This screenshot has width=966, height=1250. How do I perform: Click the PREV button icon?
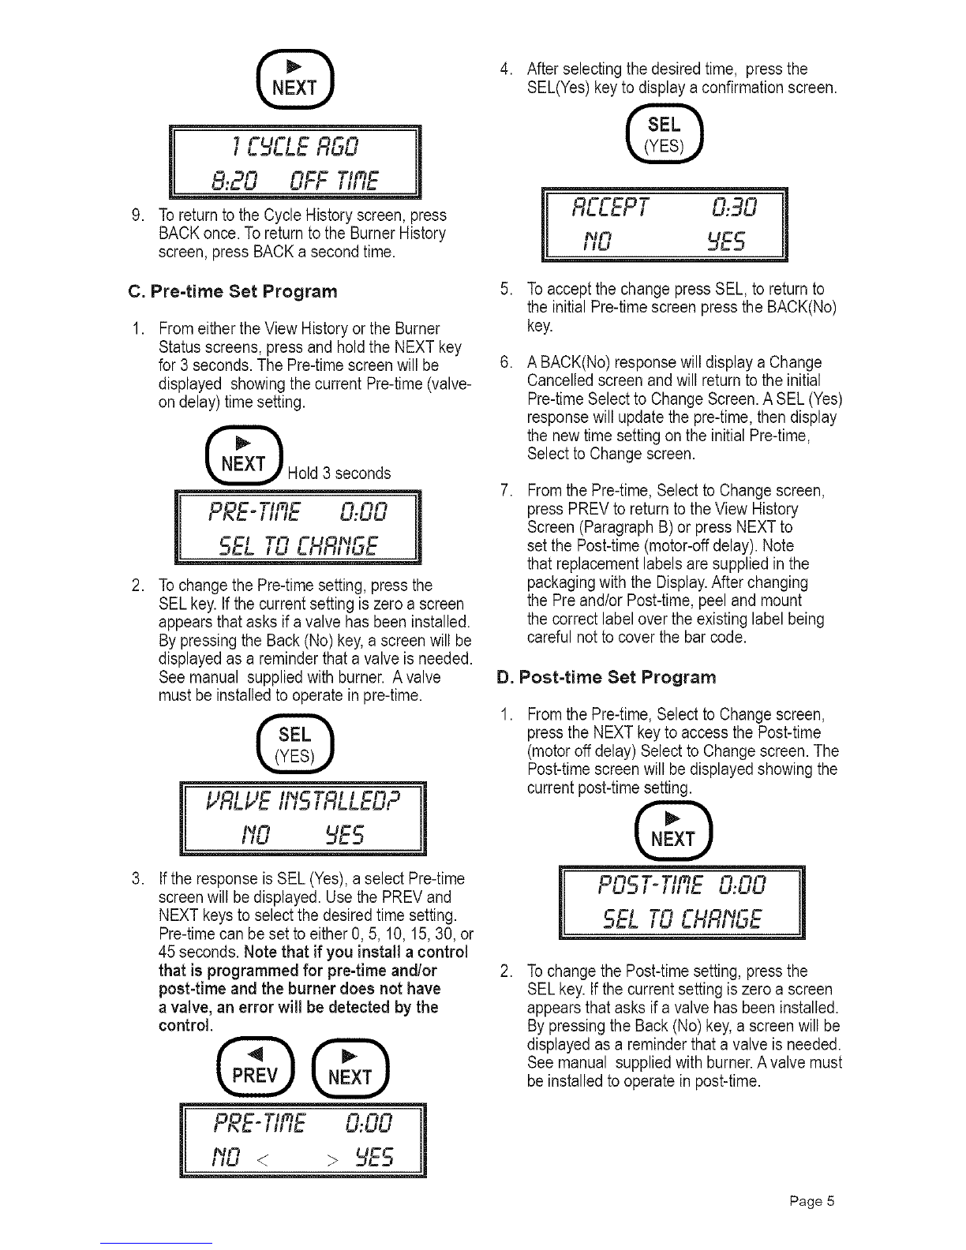[x=256, y=1068]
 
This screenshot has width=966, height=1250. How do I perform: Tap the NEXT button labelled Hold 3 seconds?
[x=244, y=455]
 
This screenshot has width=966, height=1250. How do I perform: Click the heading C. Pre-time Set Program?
[x=233, y=291]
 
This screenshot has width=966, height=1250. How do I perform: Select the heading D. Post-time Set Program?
[x=606, y=677]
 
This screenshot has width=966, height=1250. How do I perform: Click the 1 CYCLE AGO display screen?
[x=295, y=162]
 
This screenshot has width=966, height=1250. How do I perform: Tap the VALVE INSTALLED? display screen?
[x=302, y=818]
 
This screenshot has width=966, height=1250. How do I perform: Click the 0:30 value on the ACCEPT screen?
[x=734, y=208]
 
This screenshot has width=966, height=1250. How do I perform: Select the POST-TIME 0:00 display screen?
[x=682, y=902]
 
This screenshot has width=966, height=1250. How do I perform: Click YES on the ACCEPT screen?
[x=726, y=241]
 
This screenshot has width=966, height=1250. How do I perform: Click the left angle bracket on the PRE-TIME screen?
[x=262, y=1157]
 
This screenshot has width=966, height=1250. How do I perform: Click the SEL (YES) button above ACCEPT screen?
[x=665, y=133]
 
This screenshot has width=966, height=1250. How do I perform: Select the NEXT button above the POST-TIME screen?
[x=673, y=830]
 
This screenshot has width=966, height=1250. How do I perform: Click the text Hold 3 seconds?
[x=339, y=473]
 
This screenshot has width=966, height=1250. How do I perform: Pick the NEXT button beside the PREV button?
[x=350, y=1068]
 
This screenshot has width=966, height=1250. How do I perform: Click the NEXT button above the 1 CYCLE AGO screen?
[x=295, y=80]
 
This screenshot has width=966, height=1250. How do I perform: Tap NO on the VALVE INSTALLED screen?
[x=255, y=835]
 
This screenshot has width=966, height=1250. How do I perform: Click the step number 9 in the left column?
[x=137, y=215]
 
